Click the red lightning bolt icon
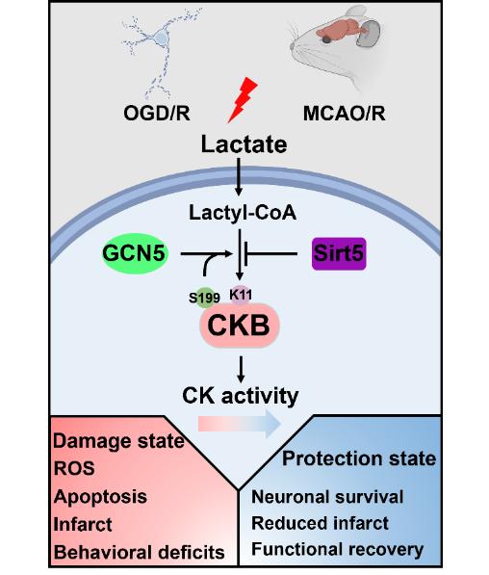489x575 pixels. (x=243, y=100)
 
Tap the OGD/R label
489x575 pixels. (x=157, y=113)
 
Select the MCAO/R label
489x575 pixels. (x=344, y=114)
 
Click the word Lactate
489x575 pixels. (x=244, y=144)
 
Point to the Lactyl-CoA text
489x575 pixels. (x=243, y=213)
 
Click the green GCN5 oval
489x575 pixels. (x=135, y=253)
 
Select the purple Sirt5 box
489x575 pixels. (x=339, y=253)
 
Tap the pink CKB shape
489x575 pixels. (x=240, y=325)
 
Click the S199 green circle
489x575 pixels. (x=204, y=298)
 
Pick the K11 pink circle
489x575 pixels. (x=241, y=295)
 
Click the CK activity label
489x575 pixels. (x=241, y=396)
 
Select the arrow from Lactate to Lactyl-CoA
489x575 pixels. (x=239, y=177)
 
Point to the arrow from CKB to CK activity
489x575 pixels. (x=241, y=369)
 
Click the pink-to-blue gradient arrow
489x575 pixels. (x=240, y=424)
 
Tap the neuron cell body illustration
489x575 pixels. (x=160, y=38)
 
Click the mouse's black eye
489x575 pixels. (x=326, y=39)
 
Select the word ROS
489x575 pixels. (x=74, y=468)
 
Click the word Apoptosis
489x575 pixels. (x=100, y=497)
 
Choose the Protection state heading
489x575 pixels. (x=359, y=458)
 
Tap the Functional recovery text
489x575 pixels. (x=337, y=549)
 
